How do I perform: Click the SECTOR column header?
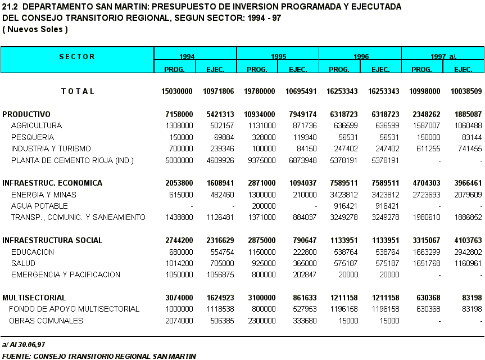[77, 57]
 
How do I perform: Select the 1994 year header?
[187, 57]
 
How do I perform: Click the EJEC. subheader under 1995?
[298, 69]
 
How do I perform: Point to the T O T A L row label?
[78, 91]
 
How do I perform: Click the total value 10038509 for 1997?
[465, 91]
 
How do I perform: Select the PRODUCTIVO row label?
[26, 114]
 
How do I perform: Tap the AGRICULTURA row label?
[37, 125]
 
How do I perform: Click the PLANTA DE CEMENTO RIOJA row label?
[72, 161]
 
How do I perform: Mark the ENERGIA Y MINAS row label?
[44, 195]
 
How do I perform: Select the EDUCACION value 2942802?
[465, 252]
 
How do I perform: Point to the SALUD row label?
[23, 263]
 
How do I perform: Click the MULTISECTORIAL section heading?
[34, 297]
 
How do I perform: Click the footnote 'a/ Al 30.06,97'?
[24, 344]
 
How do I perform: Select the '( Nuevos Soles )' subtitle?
[35, 29]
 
